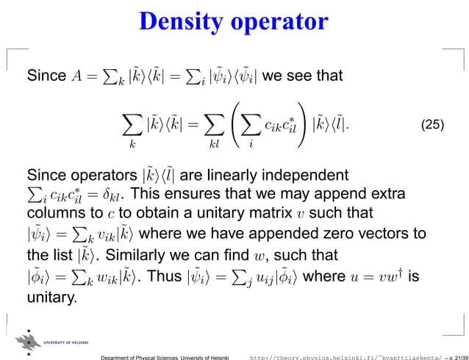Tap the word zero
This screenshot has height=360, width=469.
tap(330, 234)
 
